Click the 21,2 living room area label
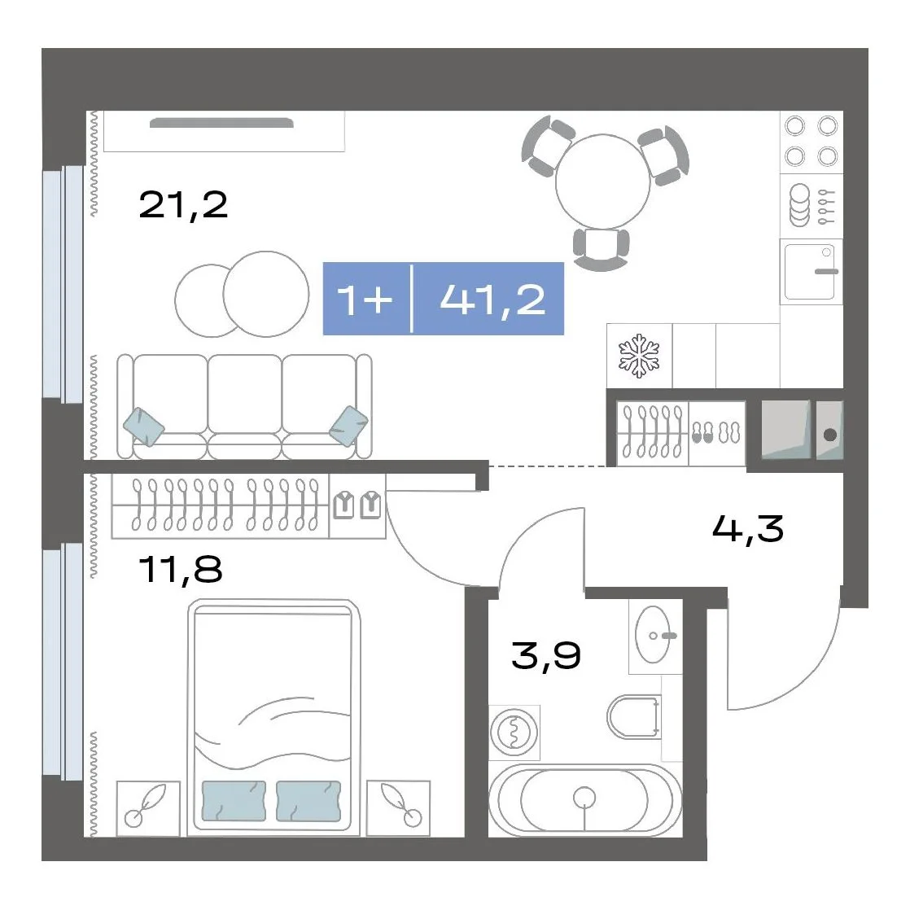(x=183, y=205)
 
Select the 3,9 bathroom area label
(x=546, y=656)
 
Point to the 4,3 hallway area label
(x=747, y=529)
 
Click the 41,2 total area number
(x=492, y=300)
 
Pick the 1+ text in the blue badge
(x=365, y=300)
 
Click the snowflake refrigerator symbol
(x=639, y=355)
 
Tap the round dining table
(x=603, y=182)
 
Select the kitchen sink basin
(x=810, y=272)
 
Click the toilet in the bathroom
(x=634, y=717)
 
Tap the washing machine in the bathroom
(x=514, y=733)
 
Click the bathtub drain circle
(x=584, y=798)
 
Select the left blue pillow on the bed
(x=234, y=801)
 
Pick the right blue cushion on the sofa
(x=348, y=427)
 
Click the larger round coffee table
(x=266, y=294)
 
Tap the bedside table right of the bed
(x=398, y=808)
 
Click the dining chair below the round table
(x=602, y=247)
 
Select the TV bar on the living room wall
(x=221, y=122)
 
